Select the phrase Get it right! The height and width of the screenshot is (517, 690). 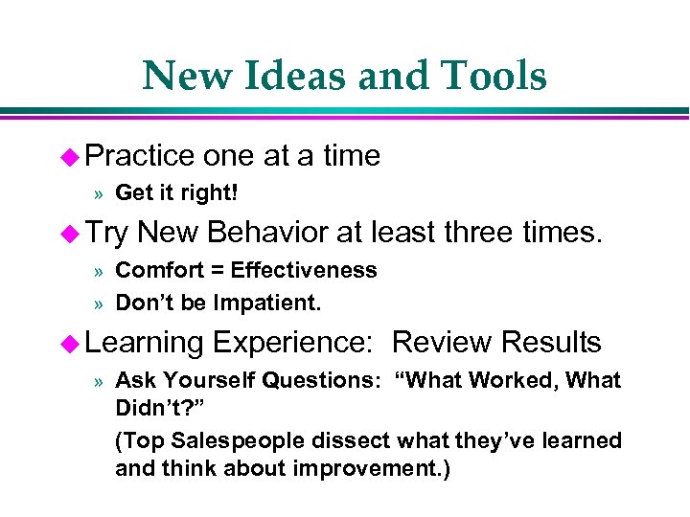(x=176, y=193)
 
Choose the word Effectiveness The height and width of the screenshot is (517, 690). (x=304, y=271)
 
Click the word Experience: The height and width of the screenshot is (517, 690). (x=298, y=343)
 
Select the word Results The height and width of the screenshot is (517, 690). (x=551, y=342)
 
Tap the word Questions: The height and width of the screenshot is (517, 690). (x=320, y=380)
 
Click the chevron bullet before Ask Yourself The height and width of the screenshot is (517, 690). (x=99, y=381)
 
